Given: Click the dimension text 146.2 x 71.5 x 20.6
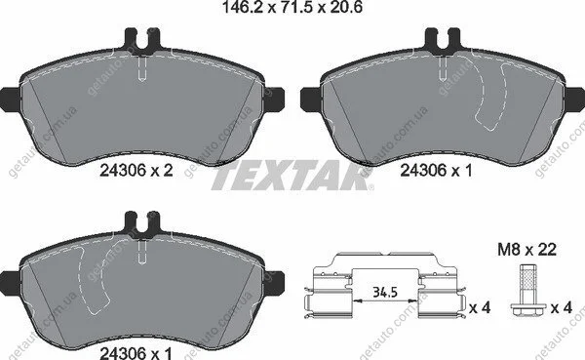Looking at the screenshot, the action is click(292, 7).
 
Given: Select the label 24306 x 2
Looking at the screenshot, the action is click(136, 171).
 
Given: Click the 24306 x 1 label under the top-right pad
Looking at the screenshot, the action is click(436, 171).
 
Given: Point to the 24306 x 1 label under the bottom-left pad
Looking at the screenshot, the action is click(136, 353).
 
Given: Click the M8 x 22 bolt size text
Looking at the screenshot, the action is click(526, 250).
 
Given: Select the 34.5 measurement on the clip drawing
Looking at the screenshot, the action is click(385, 293).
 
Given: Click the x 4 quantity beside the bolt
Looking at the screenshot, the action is click(562, 308).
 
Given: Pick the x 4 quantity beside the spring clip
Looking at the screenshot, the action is click(480, 308).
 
